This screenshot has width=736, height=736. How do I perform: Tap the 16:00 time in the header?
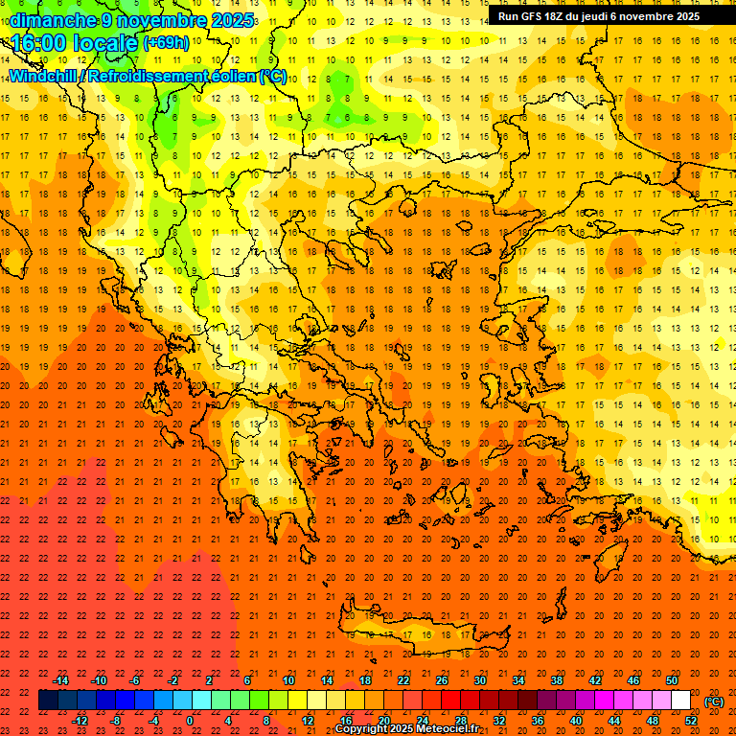(37, 43)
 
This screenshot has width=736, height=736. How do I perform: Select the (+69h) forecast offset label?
(166, 43)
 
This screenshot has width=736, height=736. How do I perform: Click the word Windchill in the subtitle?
(45, 76)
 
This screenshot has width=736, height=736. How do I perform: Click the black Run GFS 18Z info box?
(600, 16)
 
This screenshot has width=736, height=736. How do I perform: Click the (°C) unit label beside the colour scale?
(714, 701)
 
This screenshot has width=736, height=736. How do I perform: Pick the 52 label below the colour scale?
(691, 721)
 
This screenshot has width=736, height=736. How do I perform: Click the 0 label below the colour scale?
(190, 721)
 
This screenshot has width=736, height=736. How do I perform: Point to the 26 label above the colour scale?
(442, 680)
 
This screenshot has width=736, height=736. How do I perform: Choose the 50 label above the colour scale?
(672, 680)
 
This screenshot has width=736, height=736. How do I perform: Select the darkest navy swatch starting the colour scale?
(48, 701)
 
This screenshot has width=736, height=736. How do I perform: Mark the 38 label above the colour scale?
(557, 680)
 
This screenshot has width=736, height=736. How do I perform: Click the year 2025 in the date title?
(233, 20)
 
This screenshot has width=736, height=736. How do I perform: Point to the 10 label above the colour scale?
(288, 680)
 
